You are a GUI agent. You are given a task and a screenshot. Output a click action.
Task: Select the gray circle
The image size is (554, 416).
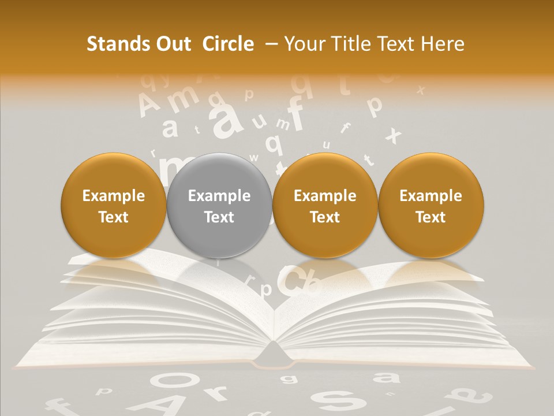pos(219,206)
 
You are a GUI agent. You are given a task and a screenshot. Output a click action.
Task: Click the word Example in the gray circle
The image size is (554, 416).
pos(219,196)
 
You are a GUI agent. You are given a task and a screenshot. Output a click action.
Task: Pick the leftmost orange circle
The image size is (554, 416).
pos(114,206)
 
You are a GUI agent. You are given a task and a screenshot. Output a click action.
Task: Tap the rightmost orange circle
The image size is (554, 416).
pos(431,206)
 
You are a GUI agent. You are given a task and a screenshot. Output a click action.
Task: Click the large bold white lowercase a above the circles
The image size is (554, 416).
pos(226,118)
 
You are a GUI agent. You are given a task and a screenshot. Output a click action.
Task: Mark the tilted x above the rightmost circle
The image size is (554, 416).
pos(394,135)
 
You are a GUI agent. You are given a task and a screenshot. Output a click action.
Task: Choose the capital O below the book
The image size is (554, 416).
pos(171,381)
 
